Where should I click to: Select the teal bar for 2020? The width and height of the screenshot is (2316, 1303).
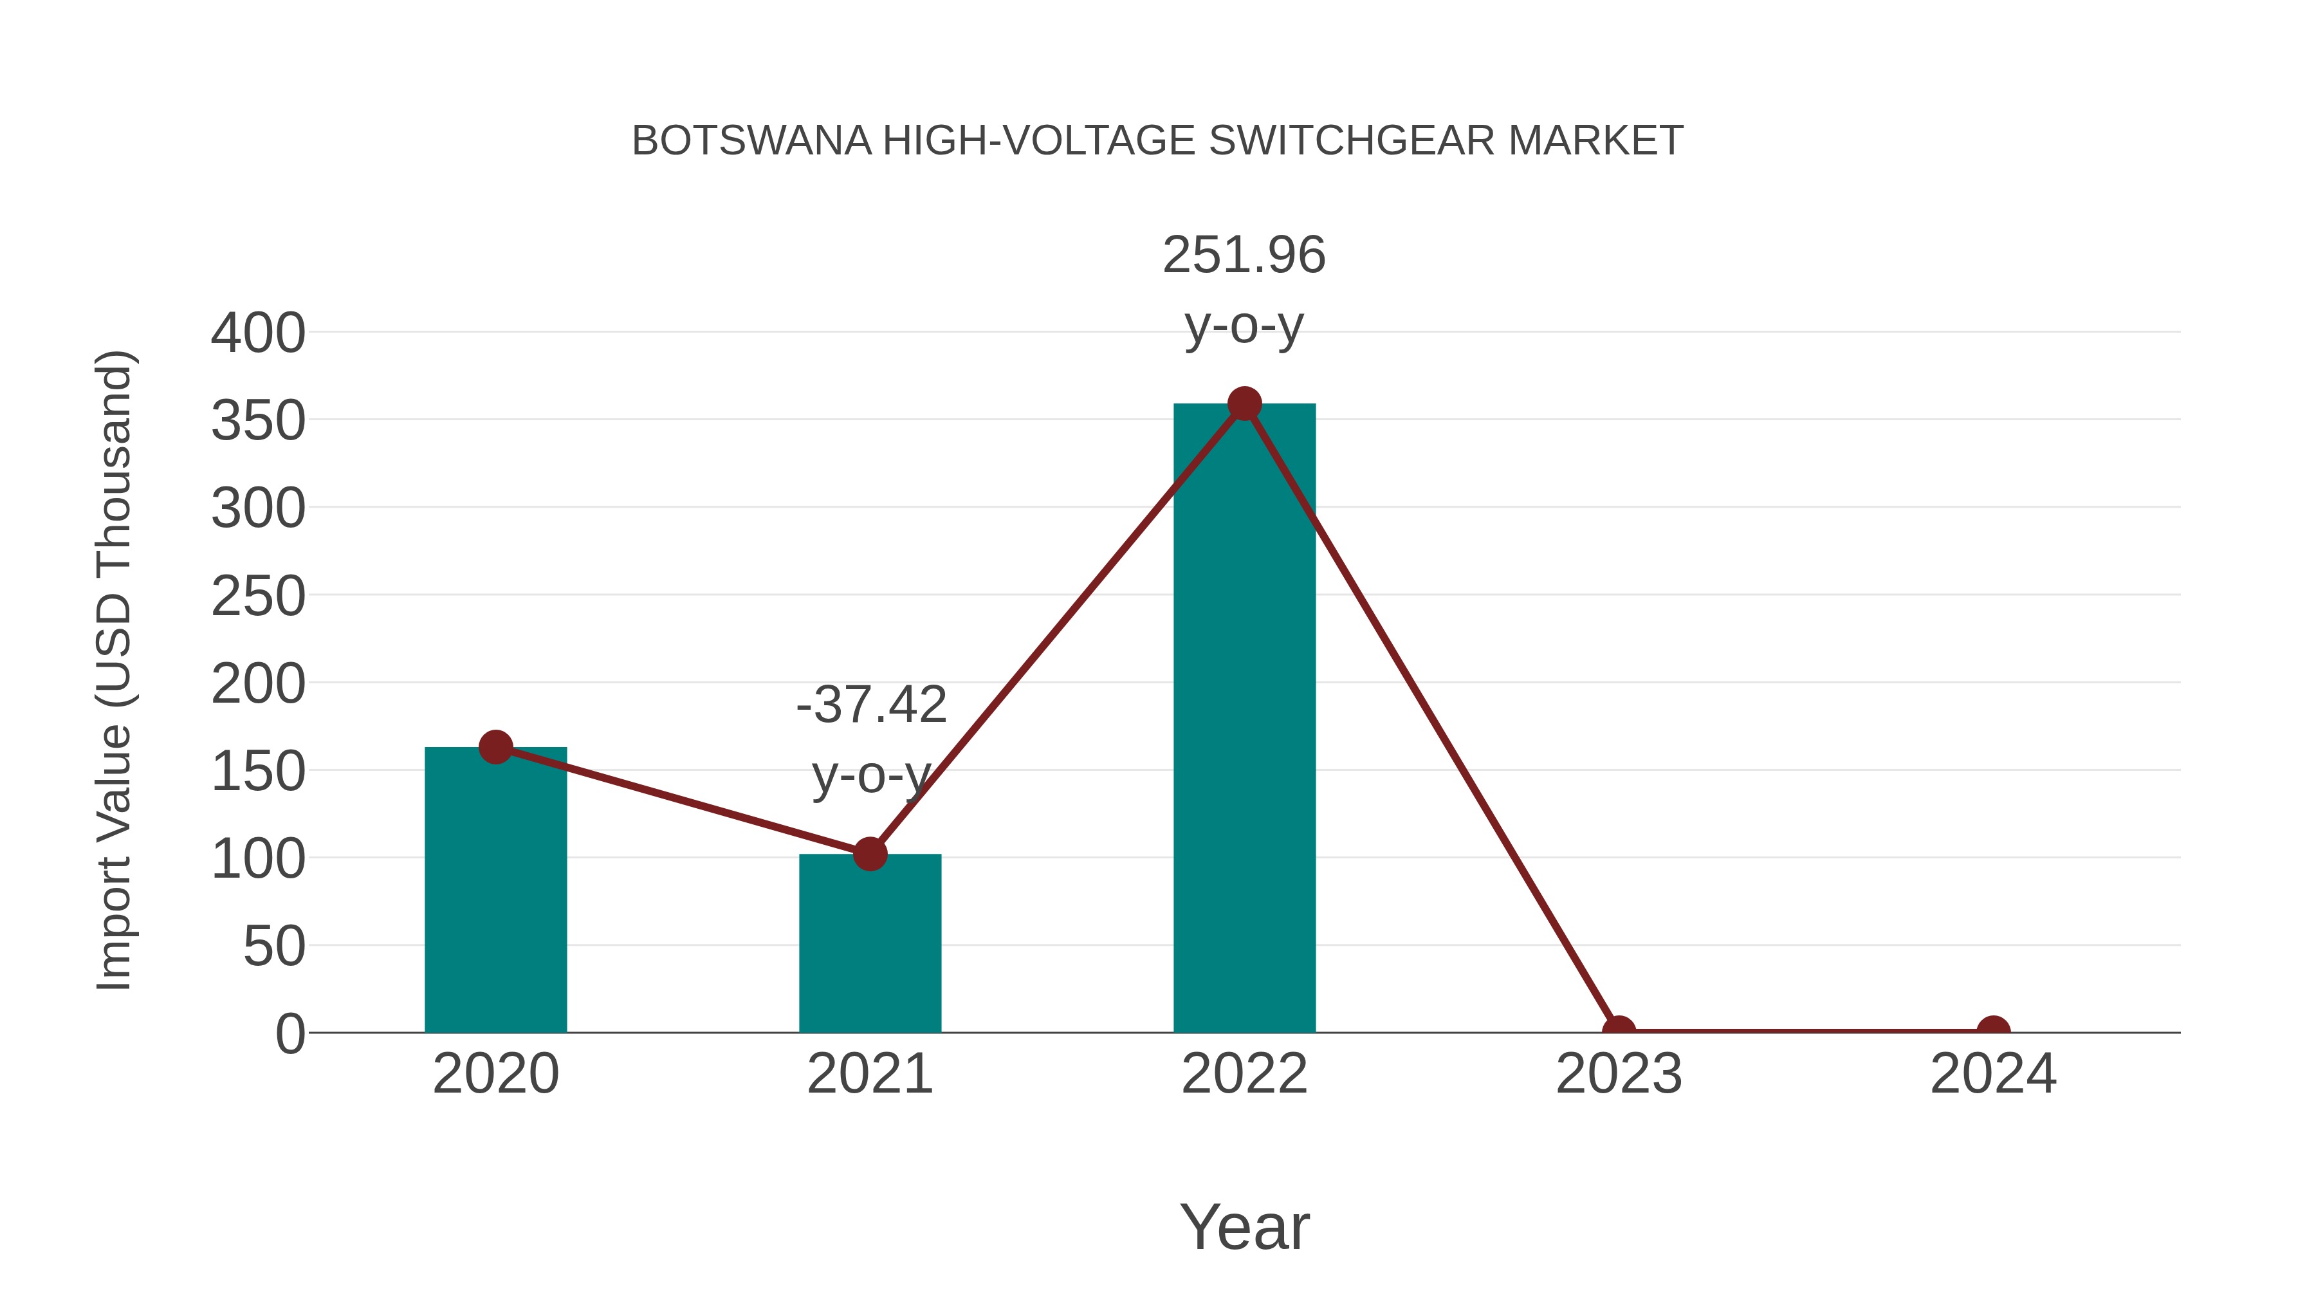click(x=495, y=891)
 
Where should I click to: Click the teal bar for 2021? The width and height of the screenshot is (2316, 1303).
click(x=869, y=944)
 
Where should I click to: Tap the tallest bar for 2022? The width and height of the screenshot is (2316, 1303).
click(x=1244, y=719)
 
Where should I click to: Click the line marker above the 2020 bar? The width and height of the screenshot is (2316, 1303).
click(x=495, y=746)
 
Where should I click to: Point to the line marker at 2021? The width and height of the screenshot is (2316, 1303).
click(x=869, y=853)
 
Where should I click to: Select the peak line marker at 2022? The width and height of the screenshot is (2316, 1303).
click(x=1244, y=403)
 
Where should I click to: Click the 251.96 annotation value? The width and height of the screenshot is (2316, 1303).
click(x=1244, y=255)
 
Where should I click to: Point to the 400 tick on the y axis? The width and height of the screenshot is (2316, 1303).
click(x=258, y=333)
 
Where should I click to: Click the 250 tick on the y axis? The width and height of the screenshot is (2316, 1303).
click(x=258, y=596)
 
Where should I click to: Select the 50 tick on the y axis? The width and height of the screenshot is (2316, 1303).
click(x=274, y=947)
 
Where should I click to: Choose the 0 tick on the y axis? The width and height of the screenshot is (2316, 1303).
click(x=290, y=1034)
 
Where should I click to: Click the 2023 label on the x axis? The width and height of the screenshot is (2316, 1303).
click(x=1619, y=1074)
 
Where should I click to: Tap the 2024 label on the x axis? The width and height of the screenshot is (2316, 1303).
click(x=1993, y=1074)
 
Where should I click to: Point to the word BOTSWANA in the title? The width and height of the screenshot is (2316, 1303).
click(x=751, y=141)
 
